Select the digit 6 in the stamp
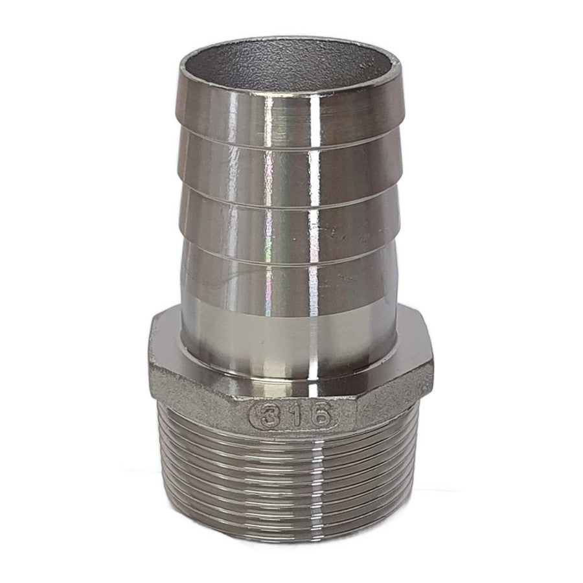pyautogui.click(x=319, y=415)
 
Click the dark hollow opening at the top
pyautogui.click(x=291, y=67)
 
